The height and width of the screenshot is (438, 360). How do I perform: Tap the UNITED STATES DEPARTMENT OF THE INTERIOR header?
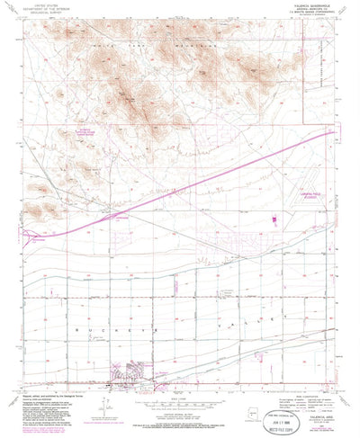[53, 7]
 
